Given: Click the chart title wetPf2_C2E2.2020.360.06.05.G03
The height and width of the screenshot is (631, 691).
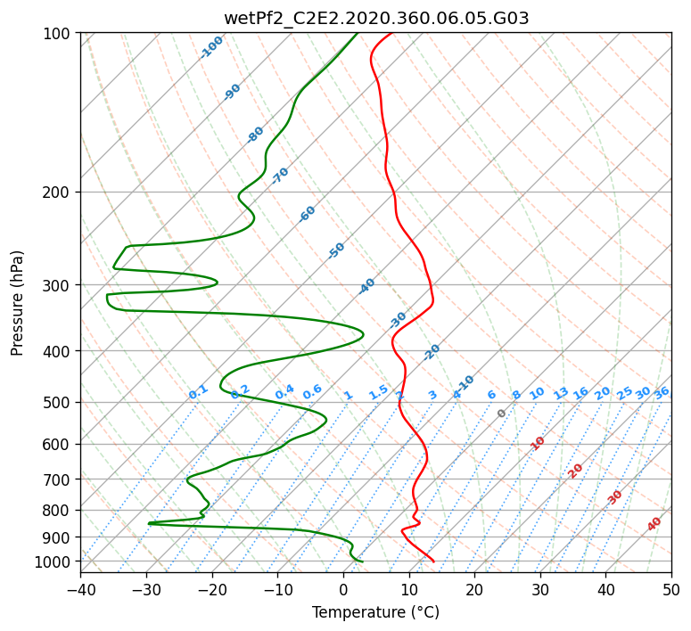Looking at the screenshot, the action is pyautogui.click(x=376, y=19).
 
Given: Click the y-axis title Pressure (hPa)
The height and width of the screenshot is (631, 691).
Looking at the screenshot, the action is pyautogui.click(x=17, y=303).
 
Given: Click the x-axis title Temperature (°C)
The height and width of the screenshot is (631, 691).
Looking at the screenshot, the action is pyautogui.click(x=376, y=612).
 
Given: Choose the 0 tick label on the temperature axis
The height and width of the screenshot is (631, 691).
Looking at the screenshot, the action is pyautogui.click(x=344, y=589).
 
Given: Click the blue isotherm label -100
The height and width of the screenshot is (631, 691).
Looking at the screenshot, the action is pyautogui.click(x=211, y=47).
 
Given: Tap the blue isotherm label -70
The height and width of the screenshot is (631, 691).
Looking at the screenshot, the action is pyautogui.click(x=280, y=176).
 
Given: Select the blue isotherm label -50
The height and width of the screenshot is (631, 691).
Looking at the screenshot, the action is pyautogui.click(x=336, y=250).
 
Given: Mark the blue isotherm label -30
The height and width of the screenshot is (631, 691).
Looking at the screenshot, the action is pyautogui.click(x=398, y=320).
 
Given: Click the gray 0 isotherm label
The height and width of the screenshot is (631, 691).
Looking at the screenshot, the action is pyautogui.click(x=501, y=414).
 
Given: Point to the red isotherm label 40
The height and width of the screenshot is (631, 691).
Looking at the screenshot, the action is pyautogui.click(x=654, y=524).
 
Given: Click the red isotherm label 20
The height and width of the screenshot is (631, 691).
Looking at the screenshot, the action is pyautogui.click(x=575, y=471).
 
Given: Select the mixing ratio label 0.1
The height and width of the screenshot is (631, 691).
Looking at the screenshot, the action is pyautogui.click(x=198, y=392).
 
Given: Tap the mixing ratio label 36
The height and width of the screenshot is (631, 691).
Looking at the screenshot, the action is pyautogui.click(x=662, y=393).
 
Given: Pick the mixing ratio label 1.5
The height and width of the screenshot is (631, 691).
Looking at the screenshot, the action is pyautogui.click(x=379, y=392).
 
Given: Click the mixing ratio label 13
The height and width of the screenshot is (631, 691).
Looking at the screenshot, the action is pyautogui.click(x=561, y=393).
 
